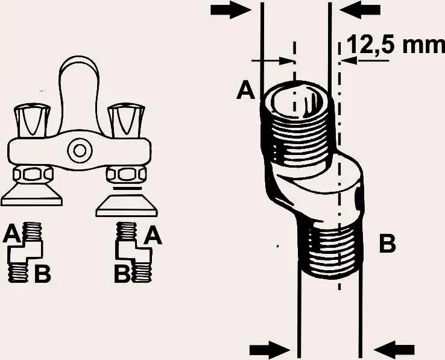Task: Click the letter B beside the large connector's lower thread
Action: click(x=387, y=244)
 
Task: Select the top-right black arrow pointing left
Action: click(x=361, y=10)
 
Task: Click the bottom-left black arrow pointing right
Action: click(x=269, y=348)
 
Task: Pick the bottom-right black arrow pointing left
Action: click(x=394, y=348)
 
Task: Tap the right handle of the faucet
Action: click(x=127, y=119)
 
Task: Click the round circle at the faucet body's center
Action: click(x=78, y=149)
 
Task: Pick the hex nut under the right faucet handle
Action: click(x=125, y=175)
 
